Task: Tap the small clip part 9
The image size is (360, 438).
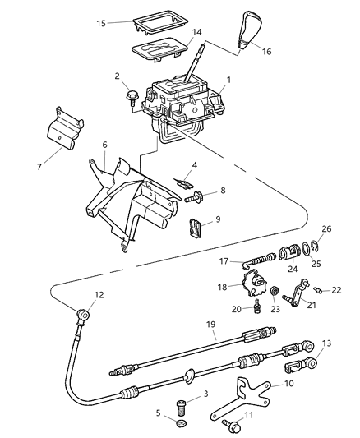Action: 195,226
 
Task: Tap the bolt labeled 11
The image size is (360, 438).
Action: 233,425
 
